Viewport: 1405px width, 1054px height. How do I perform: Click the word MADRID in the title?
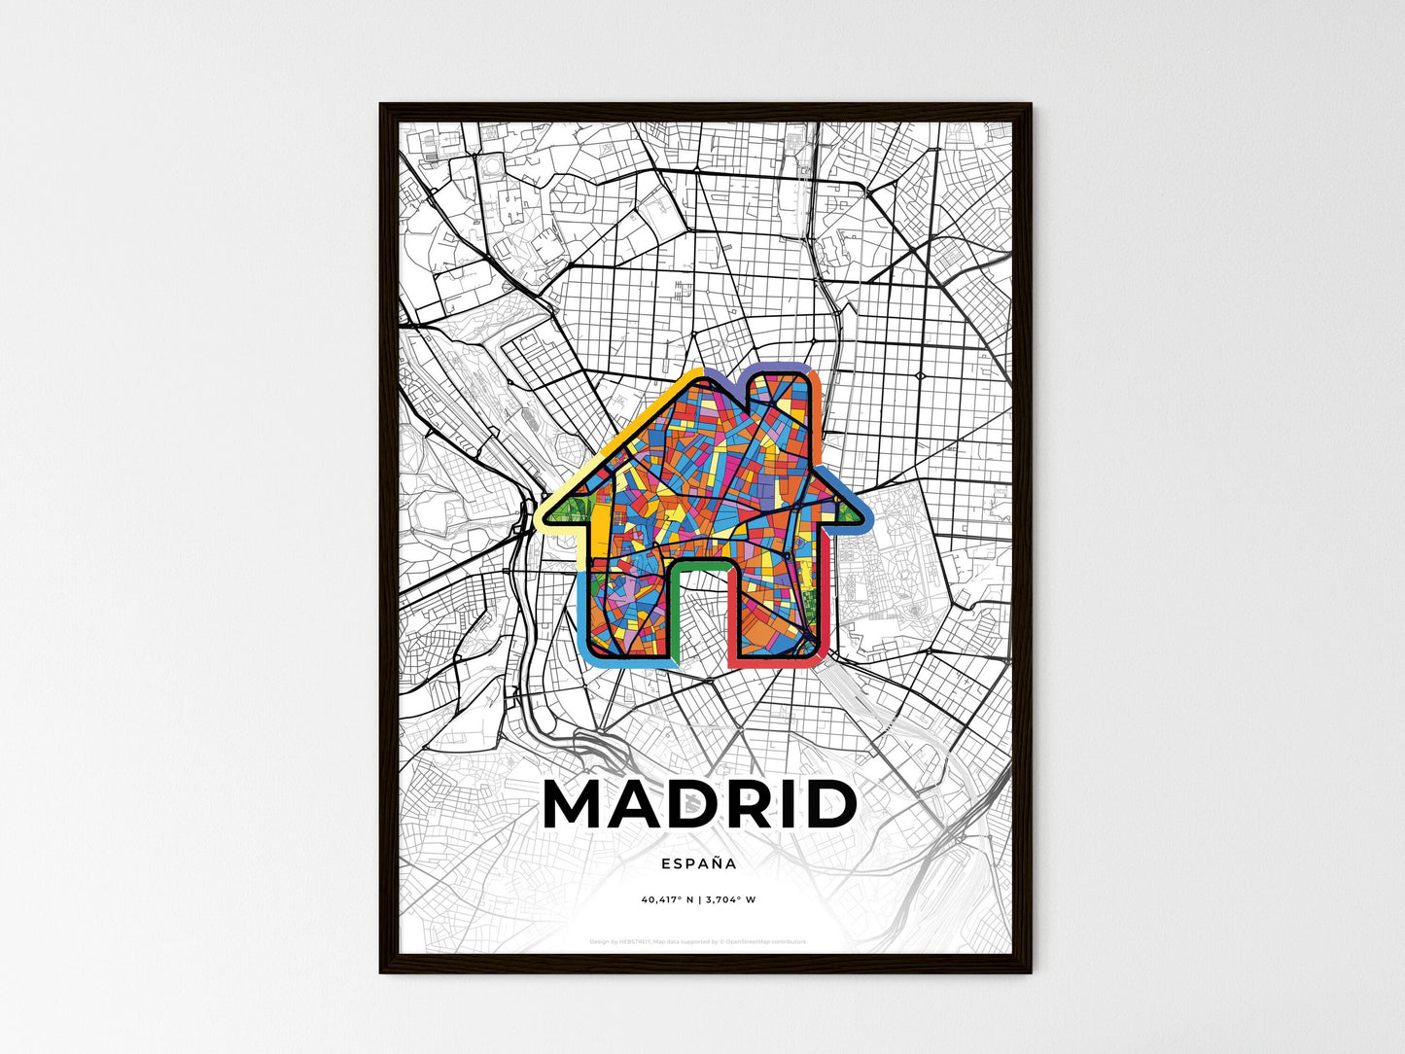tap(700, 805)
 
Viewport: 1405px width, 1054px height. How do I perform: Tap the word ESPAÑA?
tap(698, 863)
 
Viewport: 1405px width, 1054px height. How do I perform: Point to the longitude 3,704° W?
tap(731, 900)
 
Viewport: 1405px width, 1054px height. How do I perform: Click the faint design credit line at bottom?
tap(698, 942)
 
